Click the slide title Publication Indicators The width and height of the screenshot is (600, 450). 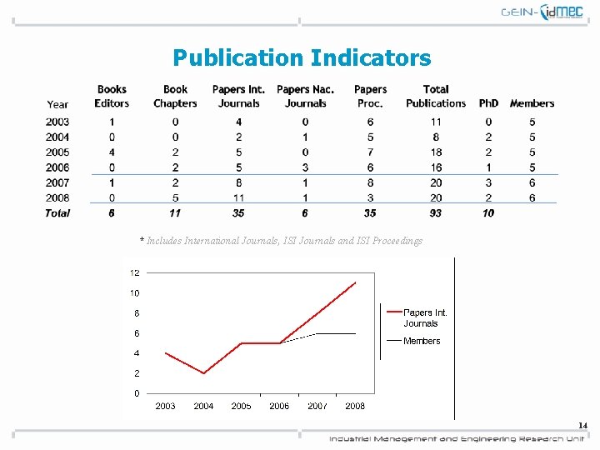(302, 57)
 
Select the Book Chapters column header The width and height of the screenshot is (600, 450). (175, 96)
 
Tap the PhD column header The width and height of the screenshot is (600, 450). (488, 103)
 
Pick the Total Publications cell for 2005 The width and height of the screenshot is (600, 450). (436, 152)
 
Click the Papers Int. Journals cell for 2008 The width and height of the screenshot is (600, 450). (238, 197)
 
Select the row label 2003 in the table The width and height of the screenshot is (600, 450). (57, 122)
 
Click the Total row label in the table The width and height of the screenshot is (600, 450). (57, 213)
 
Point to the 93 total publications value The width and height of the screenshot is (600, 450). (436, 213)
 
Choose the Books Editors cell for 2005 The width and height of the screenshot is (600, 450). (112, 152)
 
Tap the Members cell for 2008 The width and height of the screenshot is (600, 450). (532, 197)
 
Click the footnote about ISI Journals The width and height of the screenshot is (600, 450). (281, 241)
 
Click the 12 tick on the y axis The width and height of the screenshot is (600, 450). (134, 272)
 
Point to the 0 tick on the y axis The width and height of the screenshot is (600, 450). (137, 393)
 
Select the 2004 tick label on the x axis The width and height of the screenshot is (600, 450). (203, 406)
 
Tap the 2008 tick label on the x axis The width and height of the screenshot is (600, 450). (355, 406)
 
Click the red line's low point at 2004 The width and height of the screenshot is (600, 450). (203, 373)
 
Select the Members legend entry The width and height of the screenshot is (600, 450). (422, 341)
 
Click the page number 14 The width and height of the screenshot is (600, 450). (583, 426)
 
